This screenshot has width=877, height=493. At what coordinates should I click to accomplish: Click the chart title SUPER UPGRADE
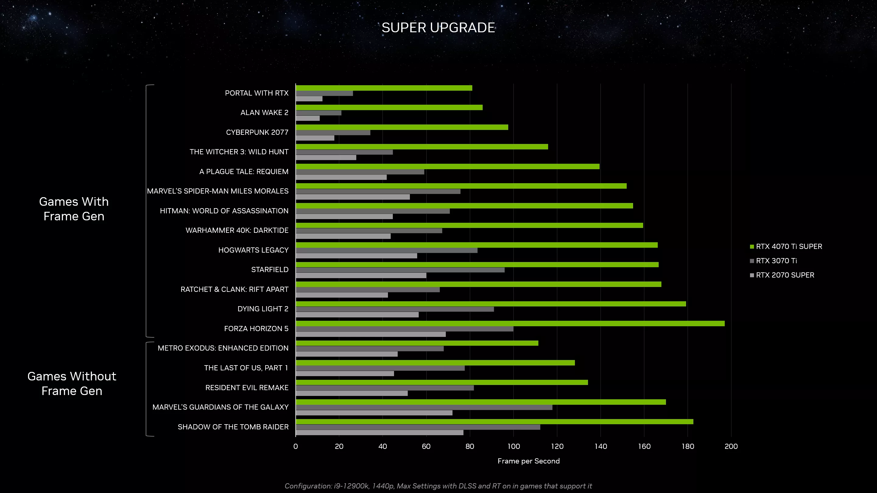pos(438,28)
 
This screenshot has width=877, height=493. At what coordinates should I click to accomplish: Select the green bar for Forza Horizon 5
pos(510,323)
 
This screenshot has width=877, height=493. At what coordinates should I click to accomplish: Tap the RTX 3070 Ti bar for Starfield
pos(400,270)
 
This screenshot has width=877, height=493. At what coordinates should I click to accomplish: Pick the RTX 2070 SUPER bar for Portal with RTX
pos(309,99)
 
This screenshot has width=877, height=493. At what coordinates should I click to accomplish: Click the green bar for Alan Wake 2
pos(389,107)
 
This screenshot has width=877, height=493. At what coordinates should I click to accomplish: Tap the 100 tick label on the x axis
pos(513,446)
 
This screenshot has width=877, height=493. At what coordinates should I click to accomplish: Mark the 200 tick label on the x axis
pos(731,446)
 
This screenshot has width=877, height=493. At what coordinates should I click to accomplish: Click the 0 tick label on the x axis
pos(295,446)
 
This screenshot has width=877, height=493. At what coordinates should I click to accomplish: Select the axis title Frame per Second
pos(528,461)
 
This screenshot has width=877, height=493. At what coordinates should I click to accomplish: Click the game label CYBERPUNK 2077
pos(257,132)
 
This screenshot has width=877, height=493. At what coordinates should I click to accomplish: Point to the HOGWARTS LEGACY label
pos(253,250)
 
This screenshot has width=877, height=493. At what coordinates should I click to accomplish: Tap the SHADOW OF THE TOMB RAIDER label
pos(233,427)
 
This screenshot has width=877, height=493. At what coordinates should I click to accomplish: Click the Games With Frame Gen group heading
pos(74,209)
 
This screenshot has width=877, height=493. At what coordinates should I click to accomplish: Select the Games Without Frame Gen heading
pos(72,383)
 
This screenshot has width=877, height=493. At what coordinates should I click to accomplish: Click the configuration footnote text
pos(438,486)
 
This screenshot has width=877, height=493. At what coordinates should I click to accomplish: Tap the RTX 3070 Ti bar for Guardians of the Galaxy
pos(424,407)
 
